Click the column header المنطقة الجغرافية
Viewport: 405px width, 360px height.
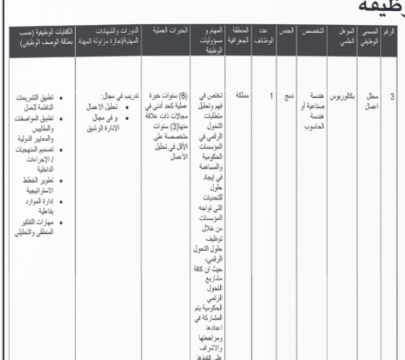(243, 37)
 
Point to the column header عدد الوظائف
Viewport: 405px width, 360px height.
(266, 37)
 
